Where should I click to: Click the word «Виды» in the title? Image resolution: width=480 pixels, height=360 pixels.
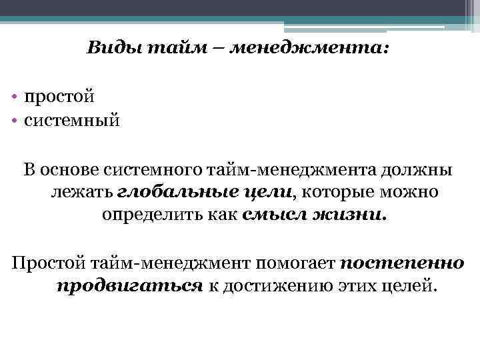107,49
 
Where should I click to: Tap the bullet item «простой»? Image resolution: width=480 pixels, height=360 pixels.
59,97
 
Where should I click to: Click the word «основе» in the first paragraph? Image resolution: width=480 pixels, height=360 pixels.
70,170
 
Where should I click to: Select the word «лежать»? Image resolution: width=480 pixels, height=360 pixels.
81,193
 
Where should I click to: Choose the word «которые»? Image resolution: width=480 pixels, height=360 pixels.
339,193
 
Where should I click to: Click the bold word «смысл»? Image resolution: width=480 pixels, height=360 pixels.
272,215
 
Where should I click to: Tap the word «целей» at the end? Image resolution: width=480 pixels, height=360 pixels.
412,285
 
